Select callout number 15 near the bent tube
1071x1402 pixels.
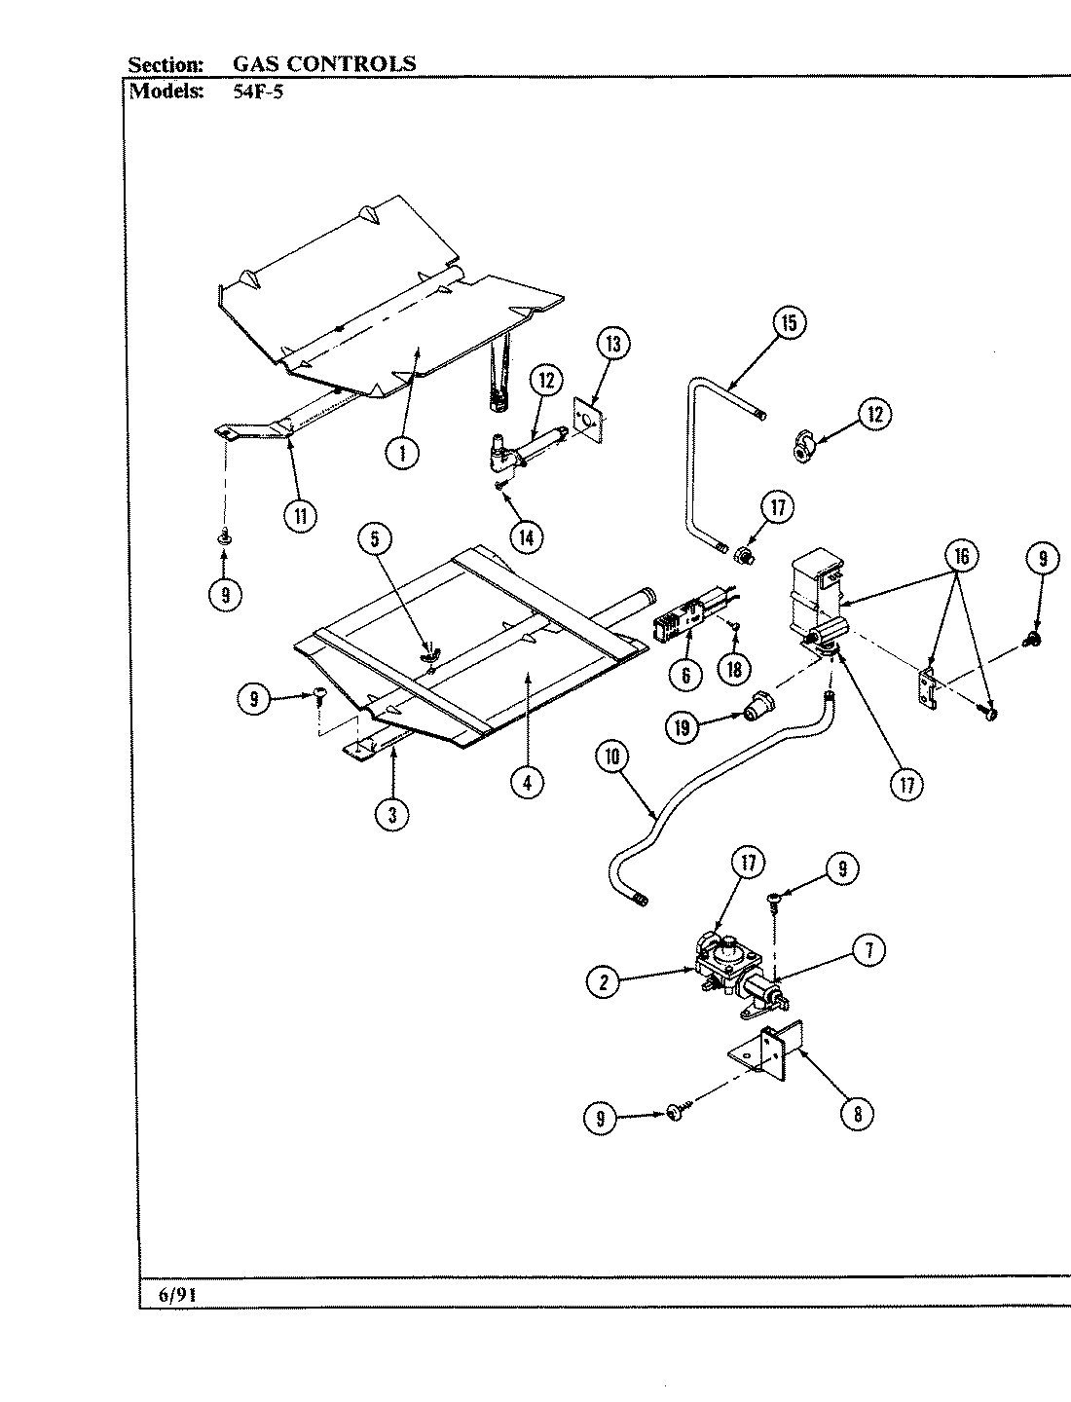(x=789, y=322)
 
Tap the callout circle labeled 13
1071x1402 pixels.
(x=612, y=344)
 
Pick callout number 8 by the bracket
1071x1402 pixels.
(x=857, y=1114)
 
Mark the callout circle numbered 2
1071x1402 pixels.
(x=604, y=982)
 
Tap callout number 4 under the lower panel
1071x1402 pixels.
(x=527, y=784)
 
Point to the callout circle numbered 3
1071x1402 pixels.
(x=392, y=815)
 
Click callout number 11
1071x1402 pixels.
(x=300, y=516)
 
